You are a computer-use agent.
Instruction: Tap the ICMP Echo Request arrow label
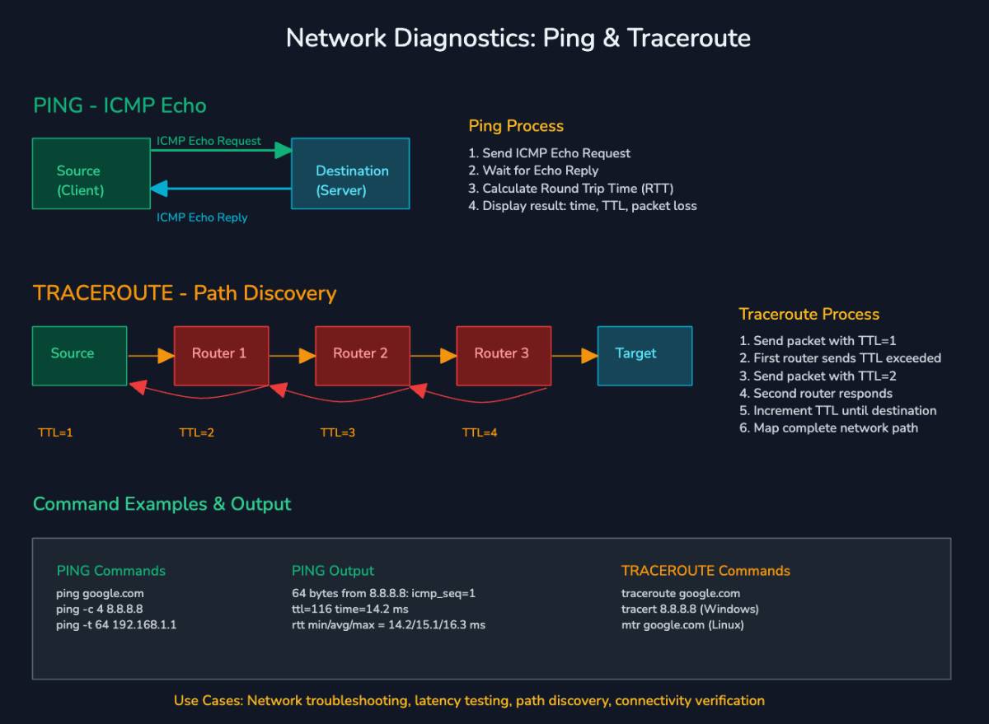209,141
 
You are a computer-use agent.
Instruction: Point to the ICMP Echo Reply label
202,217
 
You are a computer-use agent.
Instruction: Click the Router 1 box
221,355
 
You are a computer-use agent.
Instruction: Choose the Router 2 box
362,355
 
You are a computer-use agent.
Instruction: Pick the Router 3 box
503,355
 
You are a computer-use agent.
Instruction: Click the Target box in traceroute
644,355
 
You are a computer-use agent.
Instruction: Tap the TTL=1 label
55,432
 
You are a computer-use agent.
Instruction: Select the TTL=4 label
480,432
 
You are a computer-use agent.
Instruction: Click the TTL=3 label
338,432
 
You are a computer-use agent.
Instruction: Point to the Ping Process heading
516,126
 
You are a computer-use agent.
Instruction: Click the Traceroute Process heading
809,314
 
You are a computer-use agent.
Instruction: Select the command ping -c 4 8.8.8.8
99,609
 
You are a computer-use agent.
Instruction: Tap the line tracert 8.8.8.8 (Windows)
690,609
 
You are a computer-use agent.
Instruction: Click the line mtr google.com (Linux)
682,624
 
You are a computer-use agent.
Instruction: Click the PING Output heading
332,571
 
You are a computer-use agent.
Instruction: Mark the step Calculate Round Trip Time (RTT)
577,188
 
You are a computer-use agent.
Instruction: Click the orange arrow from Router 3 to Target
574,356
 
